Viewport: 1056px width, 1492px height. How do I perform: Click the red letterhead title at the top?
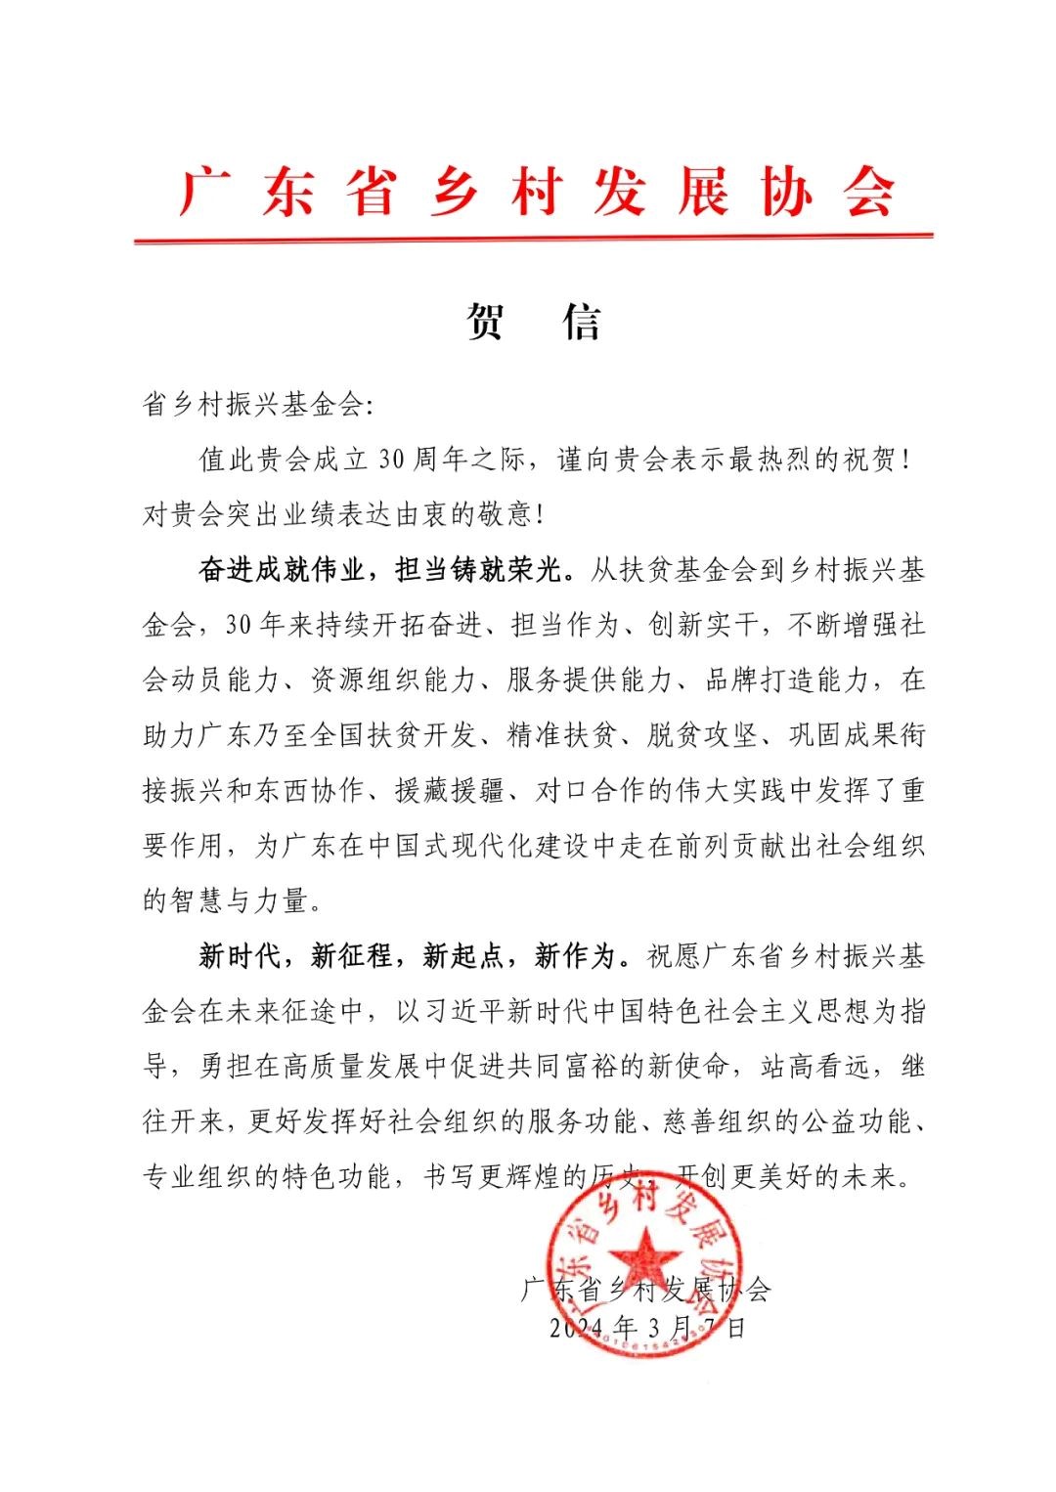535,191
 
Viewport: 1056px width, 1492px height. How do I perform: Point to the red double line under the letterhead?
534,238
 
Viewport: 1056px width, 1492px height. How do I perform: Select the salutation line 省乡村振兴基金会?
254,405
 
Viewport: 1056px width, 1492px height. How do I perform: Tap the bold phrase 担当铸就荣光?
479,569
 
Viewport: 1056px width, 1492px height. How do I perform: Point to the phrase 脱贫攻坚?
703,734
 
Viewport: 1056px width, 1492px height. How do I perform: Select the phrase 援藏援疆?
450,790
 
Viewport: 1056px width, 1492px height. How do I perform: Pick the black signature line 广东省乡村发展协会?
645,1290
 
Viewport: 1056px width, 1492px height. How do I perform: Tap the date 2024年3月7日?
647,1328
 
